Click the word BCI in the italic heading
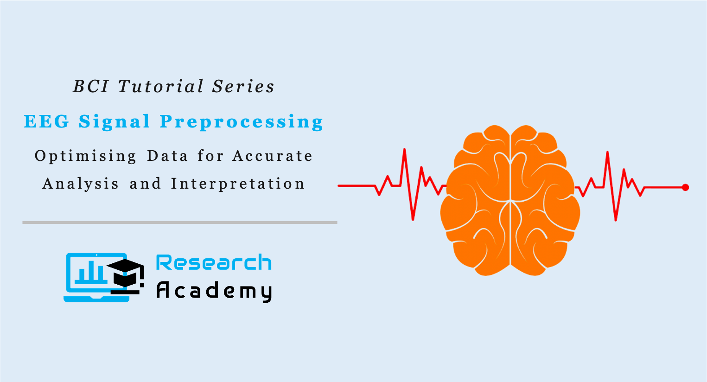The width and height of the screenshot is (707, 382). coord(90,87)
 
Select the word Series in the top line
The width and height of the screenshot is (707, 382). coord(243,87)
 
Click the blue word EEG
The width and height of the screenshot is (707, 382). coord(46,122)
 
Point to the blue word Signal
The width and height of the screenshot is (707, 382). coord(115,122)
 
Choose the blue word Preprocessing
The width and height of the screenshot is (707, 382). coord(241,122)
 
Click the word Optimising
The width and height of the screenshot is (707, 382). coord(86,156)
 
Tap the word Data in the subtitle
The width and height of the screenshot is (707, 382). coord(167,156)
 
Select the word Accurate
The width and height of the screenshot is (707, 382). coord(273,156)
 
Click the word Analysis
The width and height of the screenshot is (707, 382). coord(81,184)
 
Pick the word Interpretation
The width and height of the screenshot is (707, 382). coord(238,184)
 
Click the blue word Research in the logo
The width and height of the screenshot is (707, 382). coord(214,263)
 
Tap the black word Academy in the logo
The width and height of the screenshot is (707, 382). coord(214,291)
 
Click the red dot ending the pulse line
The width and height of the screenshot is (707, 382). coord(685,187)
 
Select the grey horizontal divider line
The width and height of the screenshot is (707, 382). coord(180,223)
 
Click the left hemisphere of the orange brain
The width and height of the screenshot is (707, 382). coord(475,199)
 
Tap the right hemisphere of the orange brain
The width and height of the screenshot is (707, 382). coord(545,199)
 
